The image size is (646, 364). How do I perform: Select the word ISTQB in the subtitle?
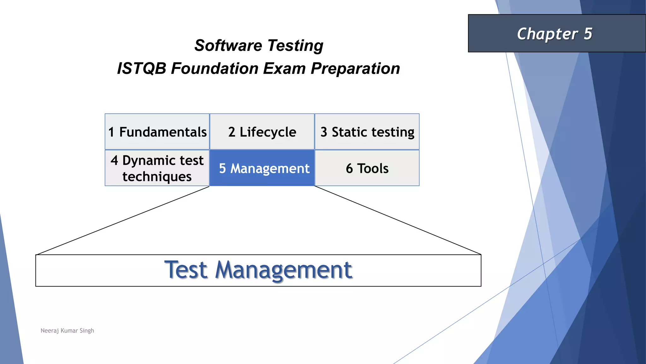pyautogui.click(x=141, y=69)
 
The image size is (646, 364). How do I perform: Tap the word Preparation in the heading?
pyautogui.click(x=355, y=69)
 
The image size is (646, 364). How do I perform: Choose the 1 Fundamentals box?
pyautogui.click(x=157, y=132)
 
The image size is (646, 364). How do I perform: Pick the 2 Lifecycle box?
pyautogui.click(x=262, y=132)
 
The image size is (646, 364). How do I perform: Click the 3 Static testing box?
pyautogui.click(x=367, y=132)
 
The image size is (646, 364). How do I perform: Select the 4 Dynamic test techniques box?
pyautogui.click(x=157, y=168)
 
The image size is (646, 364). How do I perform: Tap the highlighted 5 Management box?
pyautogui.click(x=262, y=168)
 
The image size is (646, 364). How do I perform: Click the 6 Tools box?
pyautogui.click(x=367, y=168)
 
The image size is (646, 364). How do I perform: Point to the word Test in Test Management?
pyautogui.click(x=186, y=270)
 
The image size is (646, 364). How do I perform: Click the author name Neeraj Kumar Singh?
pyautogui.click(x=67, y=331)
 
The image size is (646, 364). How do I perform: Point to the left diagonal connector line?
pyautogui.click(x=123, y=221)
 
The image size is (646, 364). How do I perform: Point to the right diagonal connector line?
pyautogui.click(x=397, y=220)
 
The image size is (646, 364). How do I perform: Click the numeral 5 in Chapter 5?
pyautogui.click(x=588, y=33)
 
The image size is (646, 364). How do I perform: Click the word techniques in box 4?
pyautogui.click(x=157, y=176)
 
